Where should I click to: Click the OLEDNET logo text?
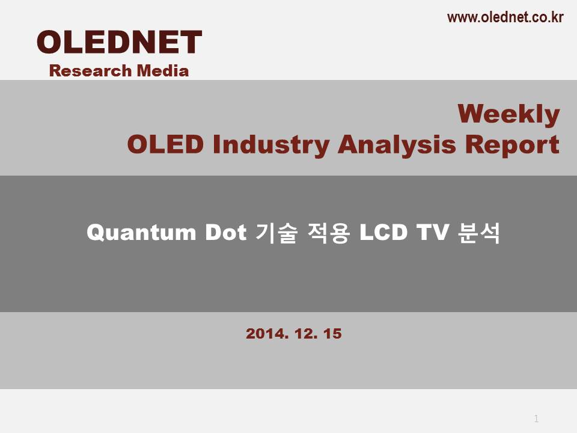[x=120, y=42]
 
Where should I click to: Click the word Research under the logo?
[x=90, y=71]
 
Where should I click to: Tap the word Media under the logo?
[x=163, y=71]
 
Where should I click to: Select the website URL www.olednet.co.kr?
[x=505, y=17]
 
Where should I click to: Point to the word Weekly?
[x=508, y=114]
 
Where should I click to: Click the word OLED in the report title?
[x=165, y=144]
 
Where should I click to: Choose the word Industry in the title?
[x=271, y=146]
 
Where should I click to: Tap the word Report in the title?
[x=512, y=146]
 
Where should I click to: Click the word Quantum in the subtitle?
[x=141, y=233]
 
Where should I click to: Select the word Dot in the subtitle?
[x=225, y=232]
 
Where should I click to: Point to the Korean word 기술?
[x=276, y=233]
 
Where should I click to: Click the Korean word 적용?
[x=328, y=233]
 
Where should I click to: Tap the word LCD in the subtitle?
[x=383, y=232]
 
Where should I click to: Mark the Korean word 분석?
[x=479, y=233]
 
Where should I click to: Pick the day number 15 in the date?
[x=332, y=334]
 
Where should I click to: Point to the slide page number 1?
[x=536, y=419]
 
